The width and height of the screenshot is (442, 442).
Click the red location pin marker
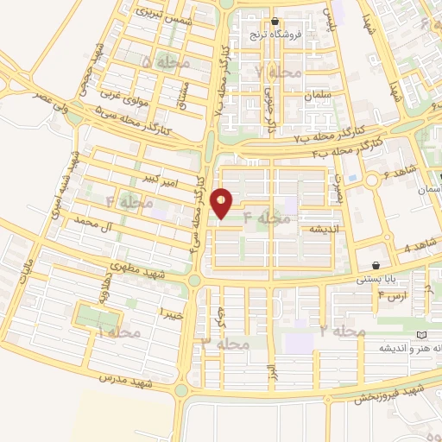coord(223,203)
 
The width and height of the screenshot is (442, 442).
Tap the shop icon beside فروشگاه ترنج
coord(275,22)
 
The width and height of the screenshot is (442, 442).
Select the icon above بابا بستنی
coord(376,265)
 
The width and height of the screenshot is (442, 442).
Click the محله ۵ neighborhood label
coord(161,62)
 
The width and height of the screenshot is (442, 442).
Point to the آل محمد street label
coord(94,227)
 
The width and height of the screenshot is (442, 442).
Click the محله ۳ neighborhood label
coord(224,344)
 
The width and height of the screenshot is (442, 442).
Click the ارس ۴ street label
coord(391,295)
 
